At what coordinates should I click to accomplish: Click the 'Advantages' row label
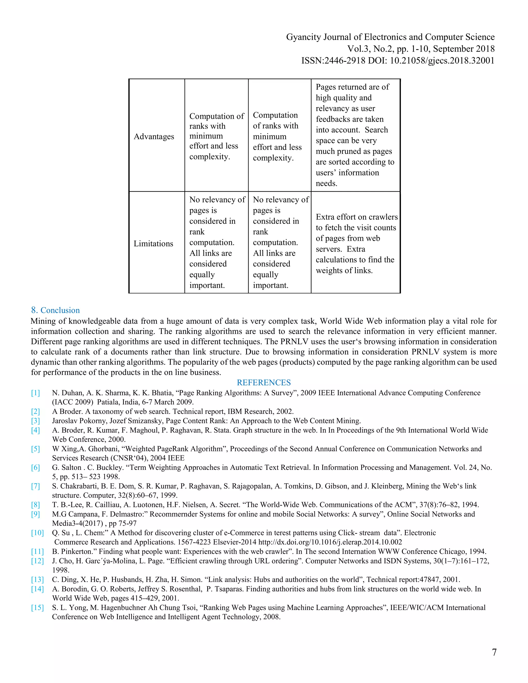[x=154, y=137]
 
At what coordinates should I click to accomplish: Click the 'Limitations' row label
[x=153, y=244]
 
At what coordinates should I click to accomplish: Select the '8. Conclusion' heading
[x=55, y=310]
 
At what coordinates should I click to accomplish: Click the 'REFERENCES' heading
[x=264, y=382]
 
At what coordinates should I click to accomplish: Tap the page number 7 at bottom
[x=494, y=652]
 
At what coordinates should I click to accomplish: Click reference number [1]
[x=35, y=393]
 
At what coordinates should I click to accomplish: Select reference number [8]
[x=35, y=505]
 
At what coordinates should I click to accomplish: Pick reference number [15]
[x=37, y=608]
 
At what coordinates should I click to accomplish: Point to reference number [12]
[x=37, y=561]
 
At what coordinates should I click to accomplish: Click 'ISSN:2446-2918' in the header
[x=333, y=61]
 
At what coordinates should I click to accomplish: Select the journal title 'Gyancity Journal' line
[x=390, y=37]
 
